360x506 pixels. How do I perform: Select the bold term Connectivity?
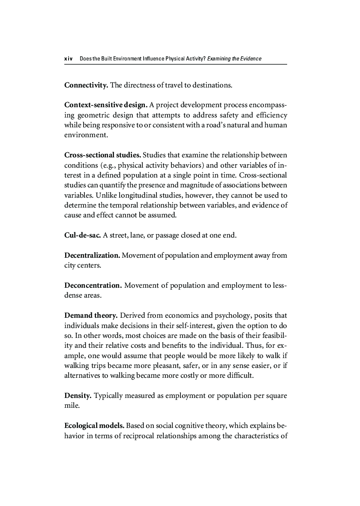[86, 85]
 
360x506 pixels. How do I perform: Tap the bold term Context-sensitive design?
[106, 105]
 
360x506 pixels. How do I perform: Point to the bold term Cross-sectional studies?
[102, 154]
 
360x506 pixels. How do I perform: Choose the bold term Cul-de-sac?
[83, 235]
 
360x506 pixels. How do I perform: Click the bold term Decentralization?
[92, 256]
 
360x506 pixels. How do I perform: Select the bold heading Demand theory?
[91, 316]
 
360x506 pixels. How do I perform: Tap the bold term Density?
[78, 395]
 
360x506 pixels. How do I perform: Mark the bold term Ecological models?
[94, 426]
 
